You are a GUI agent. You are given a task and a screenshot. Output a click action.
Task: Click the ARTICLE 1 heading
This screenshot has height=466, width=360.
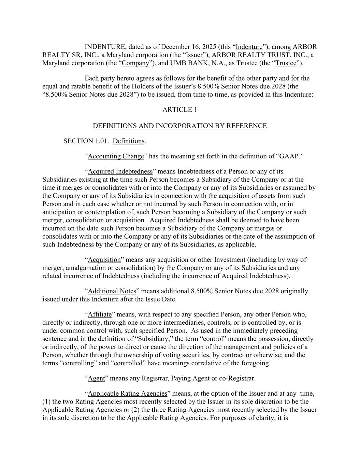tap(179, 110)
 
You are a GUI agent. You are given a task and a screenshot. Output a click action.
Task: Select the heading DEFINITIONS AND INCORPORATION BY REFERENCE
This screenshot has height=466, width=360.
tap(180, 126)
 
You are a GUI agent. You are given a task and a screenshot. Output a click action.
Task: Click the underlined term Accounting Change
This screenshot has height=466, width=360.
tap(116, 156)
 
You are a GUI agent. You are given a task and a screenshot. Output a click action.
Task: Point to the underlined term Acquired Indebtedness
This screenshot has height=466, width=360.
tap(120, 171)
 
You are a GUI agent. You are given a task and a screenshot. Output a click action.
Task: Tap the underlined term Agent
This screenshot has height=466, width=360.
tap(96, 379)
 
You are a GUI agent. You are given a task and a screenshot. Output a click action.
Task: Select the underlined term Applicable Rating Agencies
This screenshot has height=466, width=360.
tap(128, 394)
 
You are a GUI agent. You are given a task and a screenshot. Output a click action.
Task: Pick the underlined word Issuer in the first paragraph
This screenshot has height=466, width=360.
tap(194, 55)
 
